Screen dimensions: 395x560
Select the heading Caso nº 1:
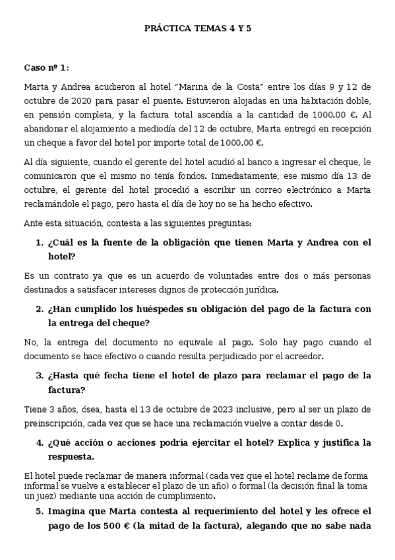(x=46, y=67)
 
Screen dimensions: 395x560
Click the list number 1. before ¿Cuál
(x=40, y=242)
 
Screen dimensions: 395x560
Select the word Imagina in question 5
(x=69, y=511)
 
